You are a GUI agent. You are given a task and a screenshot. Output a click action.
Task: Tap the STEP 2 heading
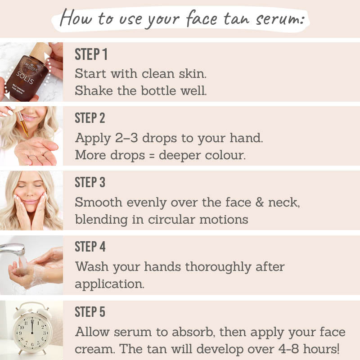[x=90, y=118]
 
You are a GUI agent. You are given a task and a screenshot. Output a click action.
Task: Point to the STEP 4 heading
[x=90, y=247]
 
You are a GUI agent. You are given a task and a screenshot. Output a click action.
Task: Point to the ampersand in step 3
[x=260, y=203]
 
